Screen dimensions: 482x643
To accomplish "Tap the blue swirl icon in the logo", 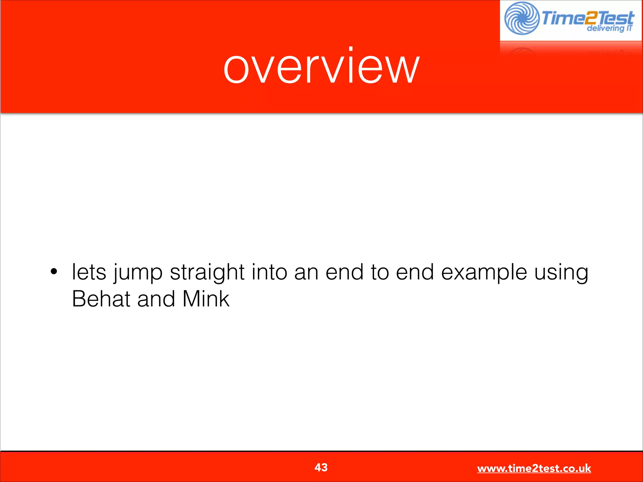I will (521, 18).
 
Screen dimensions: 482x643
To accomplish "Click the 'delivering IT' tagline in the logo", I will (609, 29).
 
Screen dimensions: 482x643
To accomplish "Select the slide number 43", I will (321, 467).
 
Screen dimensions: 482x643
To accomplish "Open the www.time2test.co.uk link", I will (534, 469).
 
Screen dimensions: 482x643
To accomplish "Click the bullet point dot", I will (54, 272).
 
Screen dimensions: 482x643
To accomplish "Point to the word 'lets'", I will (89, 272).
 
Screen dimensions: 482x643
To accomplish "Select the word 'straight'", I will (207, 272).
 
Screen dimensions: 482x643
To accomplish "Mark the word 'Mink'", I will (206, 299).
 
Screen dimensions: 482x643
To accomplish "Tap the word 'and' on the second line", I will (156, 299).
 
